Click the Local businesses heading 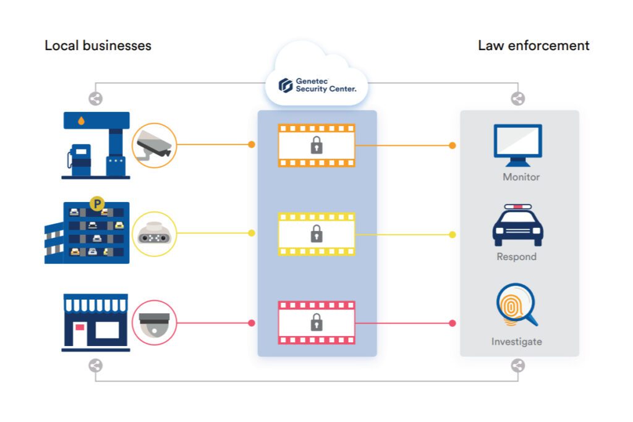[98, 46]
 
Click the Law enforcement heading [533, 46]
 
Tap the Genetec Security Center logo [316, 85]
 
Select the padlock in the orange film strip [316, 145]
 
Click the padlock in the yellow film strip [316, 234]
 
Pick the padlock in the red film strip [316, 322]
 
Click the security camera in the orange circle [155, 145]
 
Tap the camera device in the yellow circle [155, 234]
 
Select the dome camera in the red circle [155, 323]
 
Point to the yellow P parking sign [96, 202]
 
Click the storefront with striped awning [96, 322]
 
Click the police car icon [517, 226]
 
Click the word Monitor [521, 177]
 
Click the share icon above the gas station [95, 98]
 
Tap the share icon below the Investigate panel [518, 366]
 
